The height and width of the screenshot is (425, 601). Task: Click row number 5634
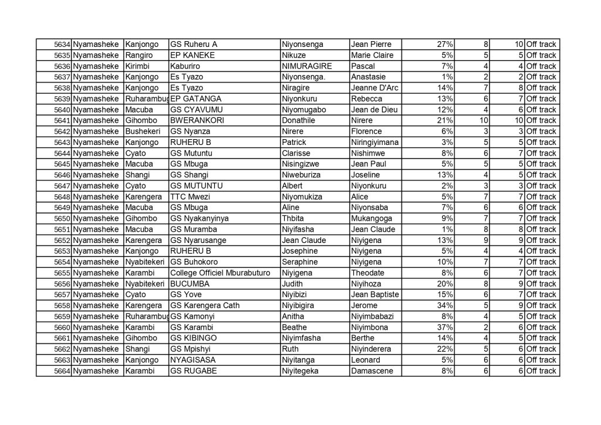tap(62, 44)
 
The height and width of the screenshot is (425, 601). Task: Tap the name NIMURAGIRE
tap(306, 66)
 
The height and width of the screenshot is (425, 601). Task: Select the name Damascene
tap(372, 370)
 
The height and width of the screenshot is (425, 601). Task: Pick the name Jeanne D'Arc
tap(374, 87)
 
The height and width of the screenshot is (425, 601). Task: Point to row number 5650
tap(62, 218)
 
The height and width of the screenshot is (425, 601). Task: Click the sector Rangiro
tap(139, 55)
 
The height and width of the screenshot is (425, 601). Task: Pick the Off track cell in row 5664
tap(541, 370)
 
